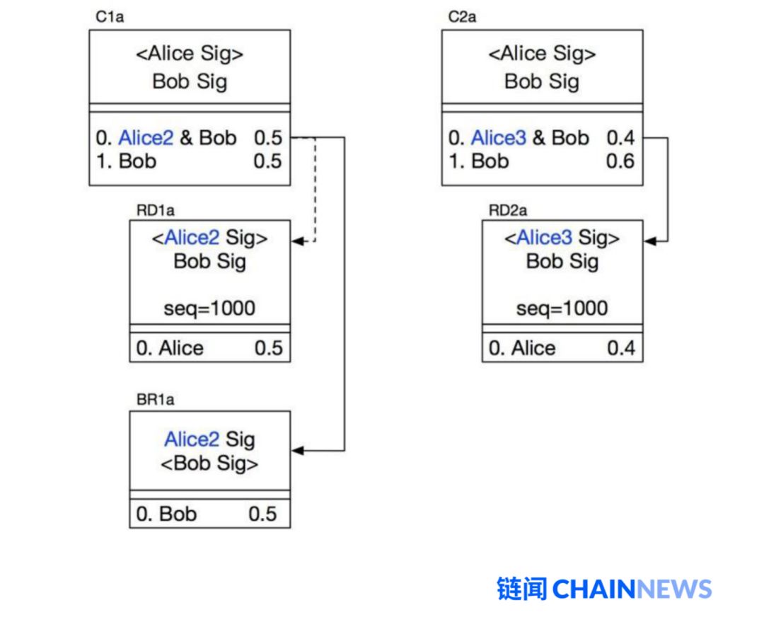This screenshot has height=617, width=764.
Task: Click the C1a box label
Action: [110, 17]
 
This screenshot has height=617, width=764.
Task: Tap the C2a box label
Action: [462, 17]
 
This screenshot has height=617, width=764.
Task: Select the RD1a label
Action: [156, 211]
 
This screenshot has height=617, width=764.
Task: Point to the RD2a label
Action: [508, 211]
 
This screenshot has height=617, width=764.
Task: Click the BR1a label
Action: [155, 400]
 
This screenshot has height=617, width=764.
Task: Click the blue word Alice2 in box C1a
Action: [146, 138]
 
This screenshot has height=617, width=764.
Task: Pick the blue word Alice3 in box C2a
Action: [498, 138]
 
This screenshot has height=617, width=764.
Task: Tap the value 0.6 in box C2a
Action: [620, 161]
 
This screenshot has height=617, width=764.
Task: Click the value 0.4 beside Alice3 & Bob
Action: [620, 138]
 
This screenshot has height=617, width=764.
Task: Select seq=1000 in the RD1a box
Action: [209, 308]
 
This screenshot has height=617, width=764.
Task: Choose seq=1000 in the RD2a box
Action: [562, 308]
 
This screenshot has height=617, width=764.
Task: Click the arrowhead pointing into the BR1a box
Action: [298, 450]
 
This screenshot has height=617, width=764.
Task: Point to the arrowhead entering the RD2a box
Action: [650, 241]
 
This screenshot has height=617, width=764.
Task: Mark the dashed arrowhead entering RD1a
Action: [298, 241]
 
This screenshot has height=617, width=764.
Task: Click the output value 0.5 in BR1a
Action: [262, 514]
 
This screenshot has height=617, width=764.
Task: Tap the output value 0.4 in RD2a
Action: [621, 348]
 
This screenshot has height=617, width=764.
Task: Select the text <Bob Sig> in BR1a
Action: [209, 463]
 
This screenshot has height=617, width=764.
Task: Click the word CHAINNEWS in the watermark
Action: [632, 589]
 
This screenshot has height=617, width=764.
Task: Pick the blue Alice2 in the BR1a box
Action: [192, 439]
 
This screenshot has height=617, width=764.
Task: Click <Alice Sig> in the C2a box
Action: [542, 54]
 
